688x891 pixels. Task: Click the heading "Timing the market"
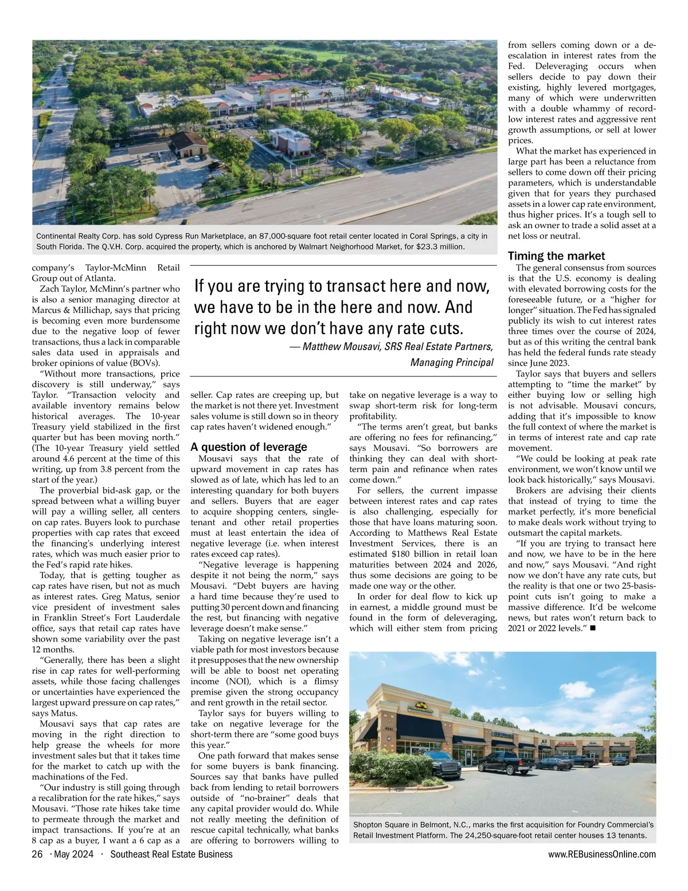coord(556,256)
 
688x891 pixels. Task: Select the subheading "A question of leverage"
coord(248,447)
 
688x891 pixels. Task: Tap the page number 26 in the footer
coord(37,854)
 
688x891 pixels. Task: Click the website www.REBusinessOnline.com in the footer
coord(601,854)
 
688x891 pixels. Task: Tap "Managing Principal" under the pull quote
coord(452,362)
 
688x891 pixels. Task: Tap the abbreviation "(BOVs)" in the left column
coord(146,363)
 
